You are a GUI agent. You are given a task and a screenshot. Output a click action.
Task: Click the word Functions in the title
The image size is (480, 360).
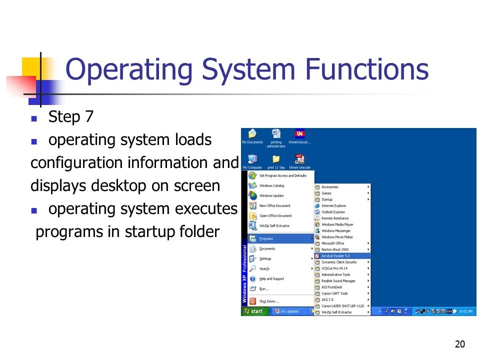pyautogui.click(x=368, y=69)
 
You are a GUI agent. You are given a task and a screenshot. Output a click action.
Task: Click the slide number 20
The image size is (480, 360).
pyautogui.click(x=460, y=344)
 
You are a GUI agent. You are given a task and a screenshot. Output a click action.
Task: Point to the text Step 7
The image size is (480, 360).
pyautogui.click(x=70, y=117)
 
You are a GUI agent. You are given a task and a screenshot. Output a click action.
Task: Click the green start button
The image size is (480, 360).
pyautogui.click(x=253, y=311)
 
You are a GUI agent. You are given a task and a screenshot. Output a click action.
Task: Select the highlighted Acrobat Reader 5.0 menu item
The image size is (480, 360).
pyautogui.click(x=335, y=255)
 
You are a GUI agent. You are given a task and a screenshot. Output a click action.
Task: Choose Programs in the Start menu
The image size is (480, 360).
pyautogui.click(x=266, y=238)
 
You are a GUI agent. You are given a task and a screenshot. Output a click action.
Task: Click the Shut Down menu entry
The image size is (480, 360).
pyautogui.click(x=269, y=301)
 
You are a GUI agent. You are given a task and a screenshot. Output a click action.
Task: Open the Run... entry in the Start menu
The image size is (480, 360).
pyautogui.click(x=264, y=288)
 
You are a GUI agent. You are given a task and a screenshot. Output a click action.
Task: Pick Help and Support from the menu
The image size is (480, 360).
pyautogui.click(x=271, y=278)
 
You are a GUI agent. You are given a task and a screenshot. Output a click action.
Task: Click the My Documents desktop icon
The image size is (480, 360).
pyautogui.click(x=252, y=135)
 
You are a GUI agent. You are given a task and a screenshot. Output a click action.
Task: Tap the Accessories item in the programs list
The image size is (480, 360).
pyautogui.click(x=330, y=187)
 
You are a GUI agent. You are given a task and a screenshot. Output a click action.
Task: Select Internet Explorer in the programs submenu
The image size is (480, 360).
pyautogui.click(x=333, y=205)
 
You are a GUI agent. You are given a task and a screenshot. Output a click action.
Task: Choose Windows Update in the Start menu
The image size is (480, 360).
pyautogui.click(x=271, y=195)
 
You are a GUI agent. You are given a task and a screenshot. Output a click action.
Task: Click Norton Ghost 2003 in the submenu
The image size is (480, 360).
pyautogui.click(x=335, y=249)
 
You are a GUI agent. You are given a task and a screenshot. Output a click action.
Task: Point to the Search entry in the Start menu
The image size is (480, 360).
pyautogui.click(x=264, y=268)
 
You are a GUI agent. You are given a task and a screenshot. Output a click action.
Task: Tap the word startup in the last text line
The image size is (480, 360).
pyautogui.click(x=150, y=231)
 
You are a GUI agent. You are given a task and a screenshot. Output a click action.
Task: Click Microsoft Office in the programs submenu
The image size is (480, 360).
pyautogui.click(x=333, y=243)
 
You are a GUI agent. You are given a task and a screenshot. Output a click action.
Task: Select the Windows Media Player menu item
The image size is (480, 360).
pyautogui.click(x=337, y=224)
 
